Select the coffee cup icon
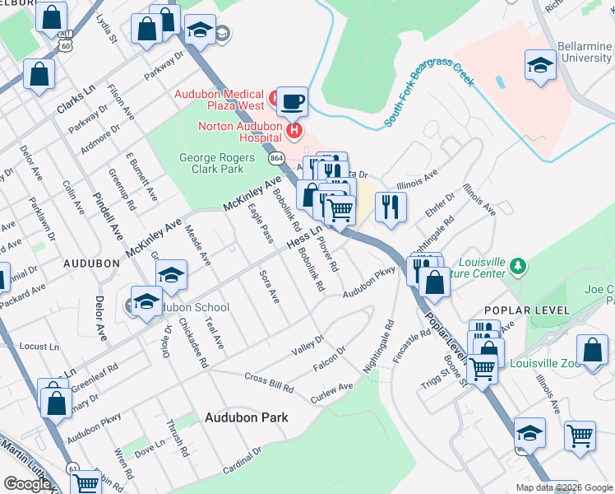[292, 102]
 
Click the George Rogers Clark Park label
[212, 163]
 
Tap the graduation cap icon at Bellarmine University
[539, 66]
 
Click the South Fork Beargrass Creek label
[429, 98]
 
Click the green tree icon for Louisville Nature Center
[517, 266]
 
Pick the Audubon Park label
[247, 417]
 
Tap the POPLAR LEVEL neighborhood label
[527, 310]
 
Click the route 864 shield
[276, 156]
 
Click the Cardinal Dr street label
[242, 465]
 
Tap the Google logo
[27, 484]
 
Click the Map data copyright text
[563, 487]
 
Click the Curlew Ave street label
[331, 393]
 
